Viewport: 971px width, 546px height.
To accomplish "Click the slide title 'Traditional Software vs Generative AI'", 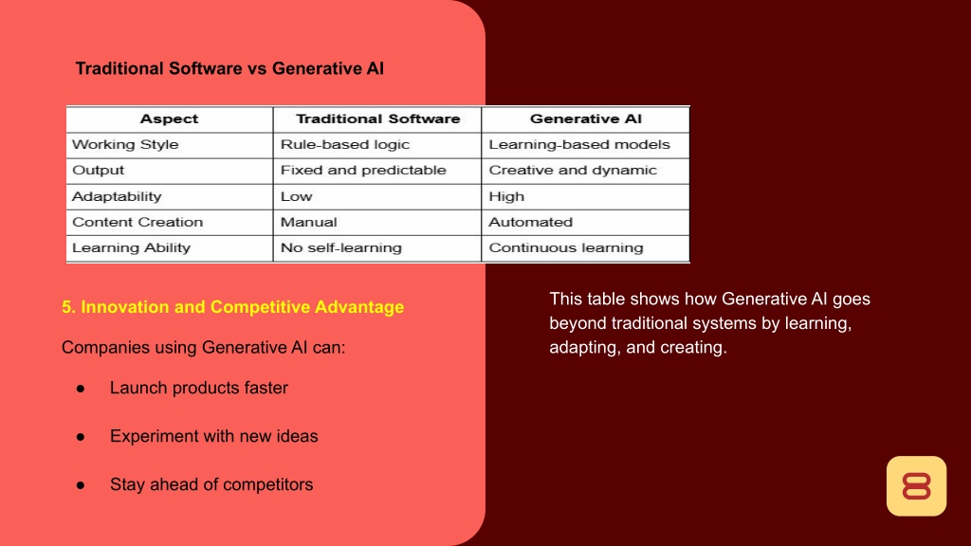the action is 229,68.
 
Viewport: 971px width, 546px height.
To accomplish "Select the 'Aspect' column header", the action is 169,118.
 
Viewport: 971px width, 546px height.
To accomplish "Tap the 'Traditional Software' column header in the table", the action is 377,118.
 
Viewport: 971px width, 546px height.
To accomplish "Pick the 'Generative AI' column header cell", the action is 586,118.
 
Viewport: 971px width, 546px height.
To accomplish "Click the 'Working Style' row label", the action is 125,145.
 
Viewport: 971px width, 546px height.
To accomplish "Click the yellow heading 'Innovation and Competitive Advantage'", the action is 242,307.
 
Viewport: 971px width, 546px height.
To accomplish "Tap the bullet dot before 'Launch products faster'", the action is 81,389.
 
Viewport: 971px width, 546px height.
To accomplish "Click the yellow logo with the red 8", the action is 917,486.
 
